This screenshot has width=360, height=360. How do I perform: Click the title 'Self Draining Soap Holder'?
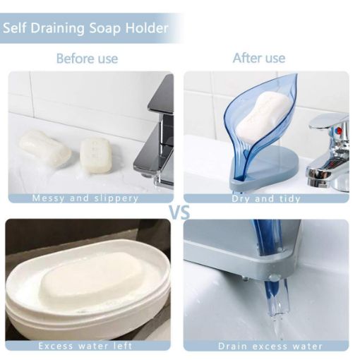pos(86,28)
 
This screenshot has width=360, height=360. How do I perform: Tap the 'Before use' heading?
pos(87,58)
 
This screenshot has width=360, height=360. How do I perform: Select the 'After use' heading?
pos(259,58)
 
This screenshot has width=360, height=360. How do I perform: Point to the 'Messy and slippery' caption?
pos(85,198)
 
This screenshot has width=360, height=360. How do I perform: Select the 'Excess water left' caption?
pos(85,346)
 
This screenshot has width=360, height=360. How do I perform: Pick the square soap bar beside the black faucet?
pos(95,152)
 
